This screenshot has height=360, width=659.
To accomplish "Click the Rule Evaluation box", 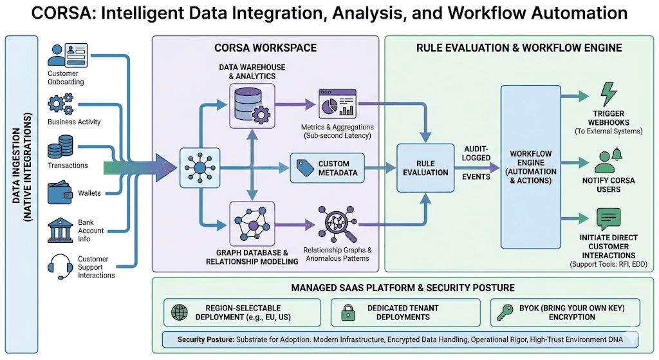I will pos(425,168).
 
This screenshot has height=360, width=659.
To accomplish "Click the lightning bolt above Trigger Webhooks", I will pos(608,94).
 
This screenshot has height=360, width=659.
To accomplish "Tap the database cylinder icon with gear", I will pos(252,105).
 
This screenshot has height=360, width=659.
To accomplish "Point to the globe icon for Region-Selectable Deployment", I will pos(178,312).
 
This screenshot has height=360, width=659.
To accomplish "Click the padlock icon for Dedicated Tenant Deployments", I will pos(347,312).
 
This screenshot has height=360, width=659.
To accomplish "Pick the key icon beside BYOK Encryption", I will pos(505,312).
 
